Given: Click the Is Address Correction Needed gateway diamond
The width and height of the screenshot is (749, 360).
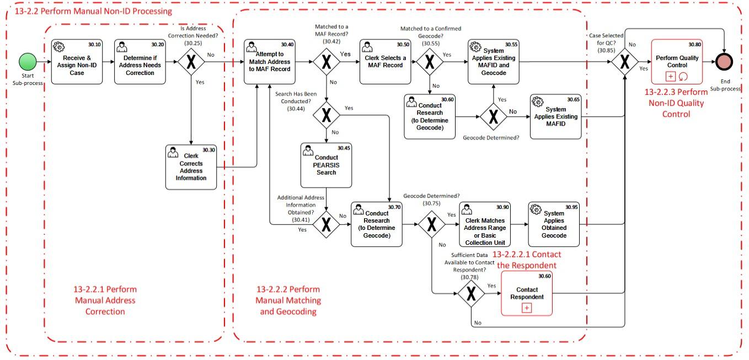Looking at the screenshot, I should click(191, 61).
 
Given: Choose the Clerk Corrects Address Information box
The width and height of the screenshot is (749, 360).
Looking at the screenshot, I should click(191, 167).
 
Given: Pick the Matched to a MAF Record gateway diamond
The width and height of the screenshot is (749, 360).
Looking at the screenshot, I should click(327, 61).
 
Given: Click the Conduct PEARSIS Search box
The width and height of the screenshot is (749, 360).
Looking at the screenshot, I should click(326, 165).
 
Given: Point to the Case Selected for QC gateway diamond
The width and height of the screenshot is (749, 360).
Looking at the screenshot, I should click(624, 61).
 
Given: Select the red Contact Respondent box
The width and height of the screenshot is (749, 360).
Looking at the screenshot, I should click(526, 293).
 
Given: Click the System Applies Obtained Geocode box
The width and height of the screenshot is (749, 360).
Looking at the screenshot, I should click(554, 224).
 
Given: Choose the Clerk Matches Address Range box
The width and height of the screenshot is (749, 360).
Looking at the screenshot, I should click(485, 224).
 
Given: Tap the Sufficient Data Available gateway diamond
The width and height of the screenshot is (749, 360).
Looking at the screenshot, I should click(471, 294).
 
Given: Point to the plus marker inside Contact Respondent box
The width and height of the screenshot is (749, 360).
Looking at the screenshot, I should click(526, 308).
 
